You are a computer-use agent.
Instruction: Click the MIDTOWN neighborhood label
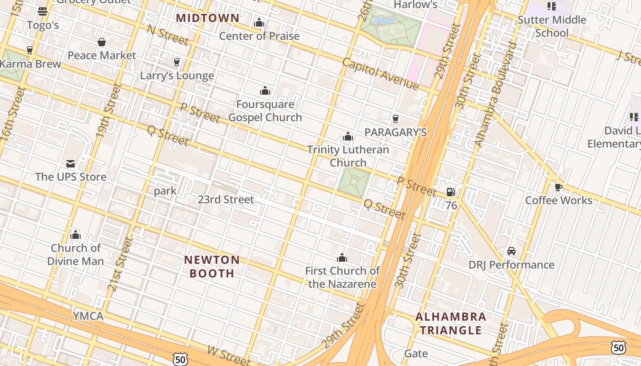(207, 18)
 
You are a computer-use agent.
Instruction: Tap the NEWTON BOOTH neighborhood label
(212, 266)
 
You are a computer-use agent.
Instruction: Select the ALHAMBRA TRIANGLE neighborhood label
(451, 323)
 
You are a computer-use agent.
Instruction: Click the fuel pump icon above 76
(451, 192)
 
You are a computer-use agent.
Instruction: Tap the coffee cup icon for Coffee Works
(558, 187)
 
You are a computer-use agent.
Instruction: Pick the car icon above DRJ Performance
(511, 251)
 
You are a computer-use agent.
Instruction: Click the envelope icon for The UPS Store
(71, 163)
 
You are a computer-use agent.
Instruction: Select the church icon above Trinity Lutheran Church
(348, 136)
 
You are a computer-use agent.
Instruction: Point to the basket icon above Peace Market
(102, 42)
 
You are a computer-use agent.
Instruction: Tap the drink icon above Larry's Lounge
(177, 62)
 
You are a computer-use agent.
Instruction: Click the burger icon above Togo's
(43, 11)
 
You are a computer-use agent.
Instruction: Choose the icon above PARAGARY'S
(396, 119)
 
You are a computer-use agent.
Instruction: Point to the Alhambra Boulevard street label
(496, 95)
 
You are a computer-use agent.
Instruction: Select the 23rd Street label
(226, 199)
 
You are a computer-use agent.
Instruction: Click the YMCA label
(88, 316)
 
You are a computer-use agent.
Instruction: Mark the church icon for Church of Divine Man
(76, 235)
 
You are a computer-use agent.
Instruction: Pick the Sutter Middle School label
(552, 26)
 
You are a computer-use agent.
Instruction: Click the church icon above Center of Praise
(259, 22)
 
